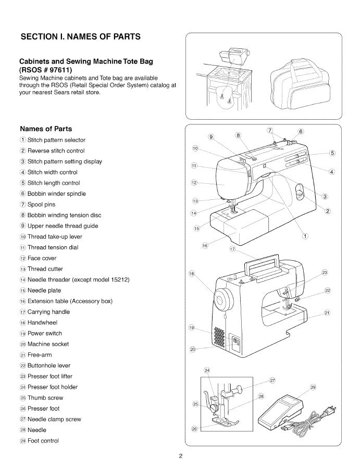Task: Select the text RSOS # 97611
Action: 46,70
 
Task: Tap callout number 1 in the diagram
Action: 305,237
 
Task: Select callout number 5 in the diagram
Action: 332,153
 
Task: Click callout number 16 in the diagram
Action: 205,245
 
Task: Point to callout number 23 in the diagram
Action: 325,273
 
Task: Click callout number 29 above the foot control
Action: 313,387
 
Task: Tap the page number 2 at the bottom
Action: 180,457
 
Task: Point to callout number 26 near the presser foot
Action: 194,429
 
